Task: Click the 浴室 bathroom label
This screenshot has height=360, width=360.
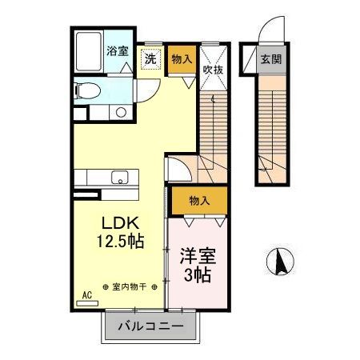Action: click(118, 51)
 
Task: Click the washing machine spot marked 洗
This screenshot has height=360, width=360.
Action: click(150, 59)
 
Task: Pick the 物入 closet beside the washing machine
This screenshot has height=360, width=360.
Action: click(182, 60)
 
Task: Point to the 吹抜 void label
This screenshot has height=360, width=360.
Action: click(212, 70)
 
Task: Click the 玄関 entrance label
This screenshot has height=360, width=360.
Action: click(271, 59)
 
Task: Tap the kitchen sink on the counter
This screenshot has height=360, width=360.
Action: click(120, 178)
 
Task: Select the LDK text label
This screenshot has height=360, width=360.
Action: click(120, 222)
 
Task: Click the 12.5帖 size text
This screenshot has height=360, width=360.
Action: click(121, 240)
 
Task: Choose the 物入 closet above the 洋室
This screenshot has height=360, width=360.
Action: click(199, 201)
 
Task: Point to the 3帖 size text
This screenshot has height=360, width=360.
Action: click(197, 277)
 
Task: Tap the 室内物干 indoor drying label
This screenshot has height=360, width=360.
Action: click(132, 287)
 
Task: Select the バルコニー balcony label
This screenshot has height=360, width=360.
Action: click(147, 326)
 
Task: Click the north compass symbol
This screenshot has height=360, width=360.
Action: click(282, 259)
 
